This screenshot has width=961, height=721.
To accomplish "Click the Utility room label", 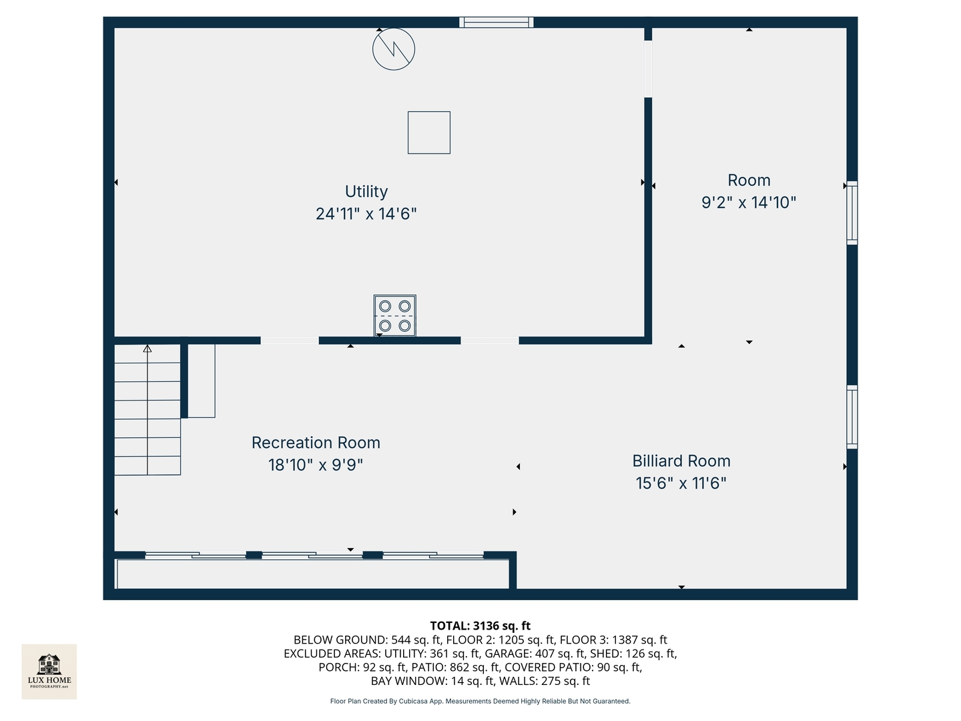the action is [366, 192].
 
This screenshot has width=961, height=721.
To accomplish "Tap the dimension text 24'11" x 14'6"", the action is [366, 214].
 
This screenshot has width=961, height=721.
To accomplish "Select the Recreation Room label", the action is [316, 443].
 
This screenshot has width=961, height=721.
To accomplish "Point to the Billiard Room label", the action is [681, 461].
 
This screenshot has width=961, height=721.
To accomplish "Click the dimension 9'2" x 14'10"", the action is [749, 203].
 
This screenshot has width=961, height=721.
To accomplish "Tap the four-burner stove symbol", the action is [394, 316].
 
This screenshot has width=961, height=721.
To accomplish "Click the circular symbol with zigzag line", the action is [394, 49].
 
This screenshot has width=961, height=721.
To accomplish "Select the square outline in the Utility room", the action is [429, 133].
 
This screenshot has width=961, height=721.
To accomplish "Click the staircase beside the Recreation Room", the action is [147, 410].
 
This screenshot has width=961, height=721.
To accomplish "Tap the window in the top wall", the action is [497, 22].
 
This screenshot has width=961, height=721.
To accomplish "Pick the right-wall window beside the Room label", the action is [852, 213].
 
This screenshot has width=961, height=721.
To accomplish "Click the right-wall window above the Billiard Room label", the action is [852, 417].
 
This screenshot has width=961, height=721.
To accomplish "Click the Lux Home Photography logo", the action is [49, 672].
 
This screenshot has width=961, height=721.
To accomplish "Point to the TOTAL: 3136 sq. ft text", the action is [480, 626].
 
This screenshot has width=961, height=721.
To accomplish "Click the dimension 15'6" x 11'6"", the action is [681, 483].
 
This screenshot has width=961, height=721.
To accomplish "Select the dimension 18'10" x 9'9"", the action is [316, 465].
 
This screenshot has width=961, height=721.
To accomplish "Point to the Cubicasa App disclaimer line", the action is [480, 701].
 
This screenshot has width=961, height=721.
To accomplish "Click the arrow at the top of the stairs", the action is [147, 349].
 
